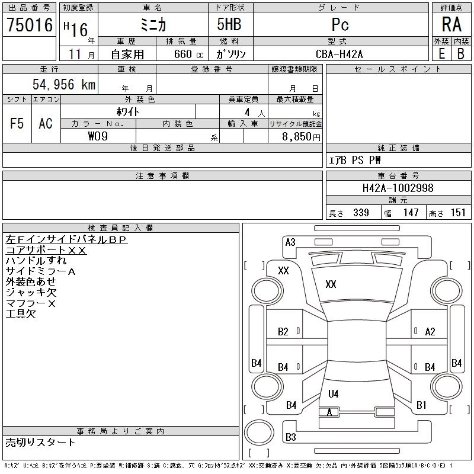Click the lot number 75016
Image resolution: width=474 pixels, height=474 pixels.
click(30, 24)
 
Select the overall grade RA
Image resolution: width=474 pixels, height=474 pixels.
click(451, 24)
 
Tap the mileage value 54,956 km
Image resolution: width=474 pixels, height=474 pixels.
click(64, 84)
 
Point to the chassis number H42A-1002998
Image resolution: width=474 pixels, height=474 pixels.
click(398, 188)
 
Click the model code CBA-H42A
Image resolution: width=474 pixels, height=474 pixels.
click(339, 54)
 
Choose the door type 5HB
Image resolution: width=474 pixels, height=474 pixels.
click(229, 24)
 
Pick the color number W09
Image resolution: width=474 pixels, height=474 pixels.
click(98, 136)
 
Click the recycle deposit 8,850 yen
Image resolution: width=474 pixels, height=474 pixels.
click(301, 137)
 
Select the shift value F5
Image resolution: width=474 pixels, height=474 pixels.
click(17, 123)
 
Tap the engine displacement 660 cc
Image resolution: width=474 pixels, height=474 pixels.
click(188, 55)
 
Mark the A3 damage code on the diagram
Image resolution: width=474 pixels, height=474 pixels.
click(290, 242)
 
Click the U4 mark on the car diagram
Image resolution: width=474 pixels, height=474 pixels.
click(333, 393)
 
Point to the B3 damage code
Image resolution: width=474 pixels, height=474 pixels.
click(290, 437)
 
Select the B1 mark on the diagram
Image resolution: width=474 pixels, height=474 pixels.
click(421, 405)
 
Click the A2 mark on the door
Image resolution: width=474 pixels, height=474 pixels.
click(430, 332)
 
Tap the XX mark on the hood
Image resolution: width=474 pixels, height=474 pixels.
click(331, 284)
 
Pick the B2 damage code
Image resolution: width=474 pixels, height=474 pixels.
click(283, 332)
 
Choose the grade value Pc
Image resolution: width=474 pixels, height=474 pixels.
click(340, 24)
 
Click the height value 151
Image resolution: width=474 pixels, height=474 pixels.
click(458, 213)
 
